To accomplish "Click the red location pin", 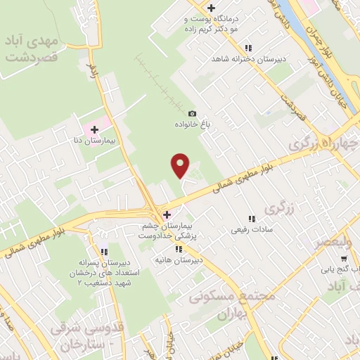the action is [181, 165].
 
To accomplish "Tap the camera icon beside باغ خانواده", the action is [192, 113].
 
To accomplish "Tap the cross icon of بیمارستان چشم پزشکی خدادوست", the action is [167, 214].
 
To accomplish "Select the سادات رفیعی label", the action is [250, 229].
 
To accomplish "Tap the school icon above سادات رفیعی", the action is [251, 218].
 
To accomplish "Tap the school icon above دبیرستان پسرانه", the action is [105, 251].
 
